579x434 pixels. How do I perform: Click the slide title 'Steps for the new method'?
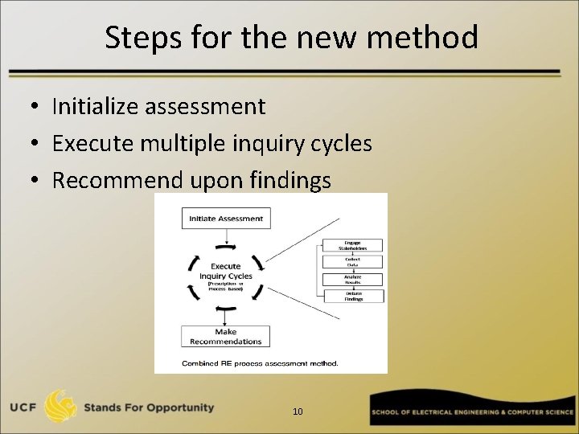coord(291,37)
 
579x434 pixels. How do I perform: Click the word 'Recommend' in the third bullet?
coord(118,181)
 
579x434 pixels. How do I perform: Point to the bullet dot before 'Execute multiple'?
coord(38,145)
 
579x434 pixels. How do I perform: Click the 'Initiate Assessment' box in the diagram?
coord(225,218)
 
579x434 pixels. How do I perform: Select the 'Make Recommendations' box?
coord(225,336)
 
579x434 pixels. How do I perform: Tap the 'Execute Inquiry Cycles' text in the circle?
coord(225,272)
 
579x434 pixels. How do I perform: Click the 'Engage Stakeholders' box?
coord(352,245)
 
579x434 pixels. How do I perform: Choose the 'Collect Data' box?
coord(352,262)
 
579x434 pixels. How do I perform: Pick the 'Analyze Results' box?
coord(352,279)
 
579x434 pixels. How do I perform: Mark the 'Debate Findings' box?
coord(352,296)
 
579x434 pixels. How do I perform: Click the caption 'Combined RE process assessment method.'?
coord(260,363)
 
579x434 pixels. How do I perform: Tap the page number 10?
coord(298,411)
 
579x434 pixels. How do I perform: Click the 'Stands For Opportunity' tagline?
coord(149,407)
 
